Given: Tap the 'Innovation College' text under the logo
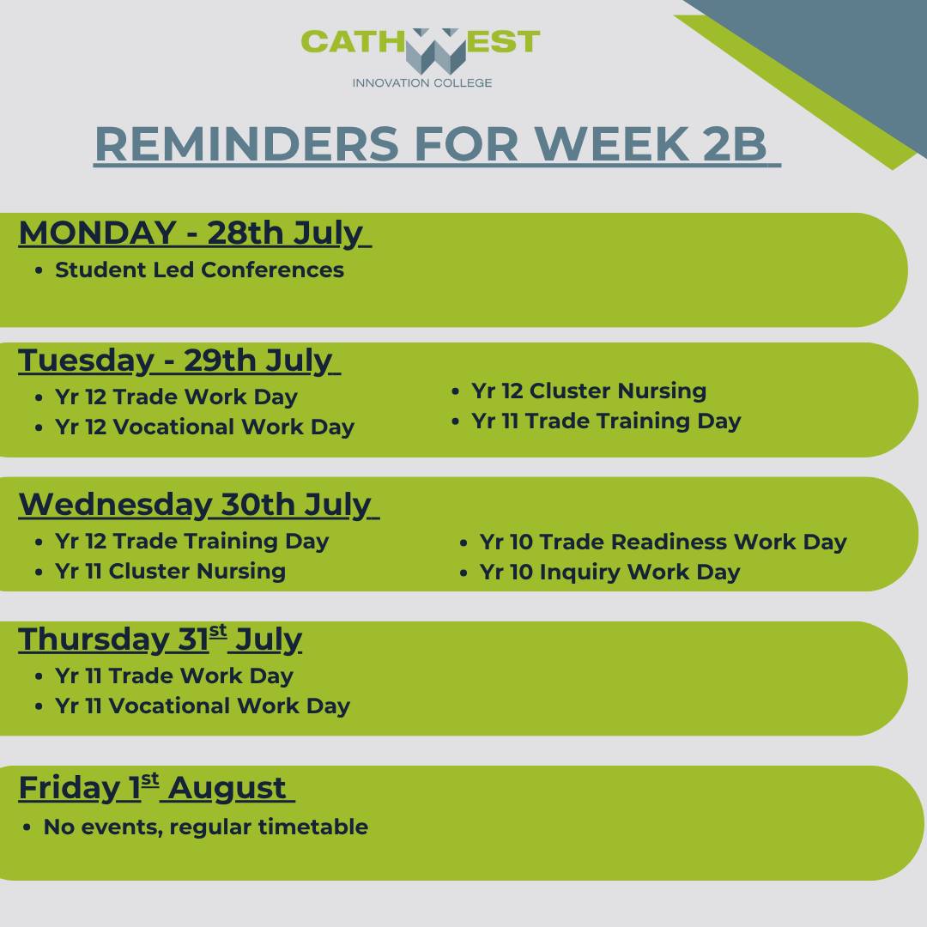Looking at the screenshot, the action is (422, 82).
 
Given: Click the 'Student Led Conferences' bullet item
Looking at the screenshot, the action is (199, 270).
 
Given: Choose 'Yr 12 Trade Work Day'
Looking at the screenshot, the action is (176, 397).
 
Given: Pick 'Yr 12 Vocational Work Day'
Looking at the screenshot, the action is (204, 427).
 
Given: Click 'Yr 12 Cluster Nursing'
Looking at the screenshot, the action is (589, 391).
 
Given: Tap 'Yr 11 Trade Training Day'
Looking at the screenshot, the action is (606, 421).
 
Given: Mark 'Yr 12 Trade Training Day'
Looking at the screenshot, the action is (191, 542).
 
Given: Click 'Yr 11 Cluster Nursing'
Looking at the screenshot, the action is (170, 571).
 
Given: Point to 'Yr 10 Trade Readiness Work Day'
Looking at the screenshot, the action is (663, 542).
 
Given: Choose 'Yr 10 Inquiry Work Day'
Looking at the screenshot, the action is (609, 573).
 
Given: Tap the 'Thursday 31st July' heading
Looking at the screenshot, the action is (161, 639).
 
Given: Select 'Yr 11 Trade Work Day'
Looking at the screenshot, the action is (173, 676).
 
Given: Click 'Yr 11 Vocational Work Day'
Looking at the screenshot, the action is (203, 706).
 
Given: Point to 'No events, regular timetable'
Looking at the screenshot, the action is (206, 827).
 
